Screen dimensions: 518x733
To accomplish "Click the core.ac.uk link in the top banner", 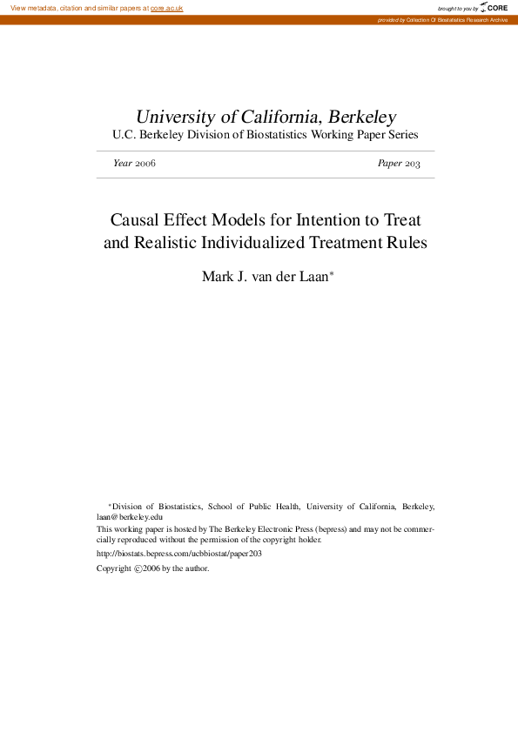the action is [166, 8].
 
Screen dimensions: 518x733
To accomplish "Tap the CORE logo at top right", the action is [494, 8].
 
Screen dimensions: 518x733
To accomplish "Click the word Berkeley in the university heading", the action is [363, 117].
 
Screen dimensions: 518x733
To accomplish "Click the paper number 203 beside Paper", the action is [413, 164].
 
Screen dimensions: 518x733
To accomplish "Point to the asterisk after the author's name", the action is [332, 273].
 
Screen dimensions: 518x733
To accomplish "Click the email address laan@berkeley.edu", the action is [130, 516].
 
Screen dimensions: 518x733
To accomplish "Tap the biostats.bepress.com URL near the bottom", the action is [179, 553].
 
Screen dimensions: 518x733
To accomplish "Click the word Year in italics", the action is [123, 164].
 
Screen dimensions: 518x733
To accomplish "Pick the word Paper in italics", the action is [389, 164].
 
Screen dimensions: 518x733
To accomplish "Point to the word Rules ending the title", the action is [407, 244].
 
